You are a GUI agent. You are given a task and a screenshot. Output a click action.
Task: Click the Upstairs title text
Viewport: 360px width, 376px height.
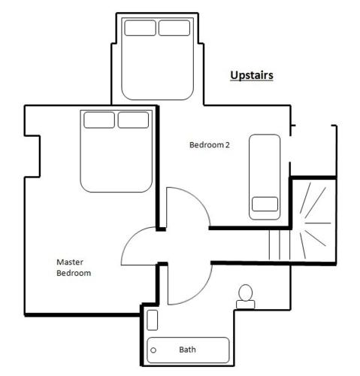click(252, 75)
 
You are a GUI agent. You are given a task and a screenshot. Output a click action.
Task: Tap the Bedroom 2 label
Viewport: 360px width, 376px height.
click(210, 145)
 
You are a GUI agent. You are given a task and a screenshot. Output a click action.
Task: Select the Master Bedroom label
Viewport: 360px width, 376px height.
click(74, 268)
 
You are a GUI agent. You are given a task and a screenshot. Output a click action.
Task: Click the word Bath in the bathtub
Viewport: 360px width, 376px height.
click(187, 350)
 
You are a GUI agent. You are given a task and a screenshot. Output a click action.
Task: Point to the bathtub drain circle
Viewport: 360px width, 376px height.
click(153, 350)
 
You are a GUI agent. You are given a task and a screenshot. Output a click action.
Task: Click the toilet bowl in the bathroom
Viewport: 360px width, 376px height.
click(245, 293)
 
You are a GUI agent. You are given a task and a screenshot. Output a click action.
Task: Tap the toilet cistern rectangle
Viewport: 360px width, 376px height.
click(246, 305)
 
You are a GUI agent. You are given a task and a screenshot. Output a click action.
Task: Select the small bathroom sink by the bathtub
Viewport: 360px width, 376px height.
click(152, 320)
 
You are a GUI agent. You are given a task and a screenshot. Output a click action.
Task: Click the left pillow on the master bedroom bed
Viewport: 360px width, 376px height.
click(99, 120)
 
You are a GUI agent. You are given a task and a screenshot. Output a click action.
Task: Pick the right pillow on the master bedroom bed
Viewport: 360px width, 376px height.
click(133, 120)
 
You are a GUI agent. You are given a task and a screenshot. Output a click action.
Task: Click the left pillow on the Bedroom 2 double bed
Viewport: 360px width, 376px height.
click(141, 28)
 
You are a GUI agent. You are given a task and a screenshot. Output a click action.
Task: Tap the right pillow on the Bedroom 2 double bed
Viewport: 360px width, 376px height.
click(174, 28)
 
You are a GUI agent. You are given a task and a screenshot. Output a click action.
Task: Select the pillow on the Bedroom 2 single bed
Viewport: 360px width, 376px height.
click(265, 204)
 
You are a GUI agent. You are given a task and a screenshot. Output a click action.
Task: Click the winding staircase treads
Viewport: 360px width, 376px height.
click(313, 220)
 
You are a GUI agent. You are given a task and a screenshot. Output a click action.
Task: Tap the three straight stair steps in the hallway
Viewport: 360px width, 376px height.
click(280, 245)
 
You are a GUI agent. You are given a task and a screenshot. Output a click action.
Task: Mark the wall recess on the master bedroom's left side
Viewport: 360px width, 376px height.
click(32, 156)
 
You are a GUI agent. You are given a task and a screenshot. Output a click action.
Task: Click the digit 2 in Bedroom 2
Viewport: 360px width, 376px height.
click(227, 145)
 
